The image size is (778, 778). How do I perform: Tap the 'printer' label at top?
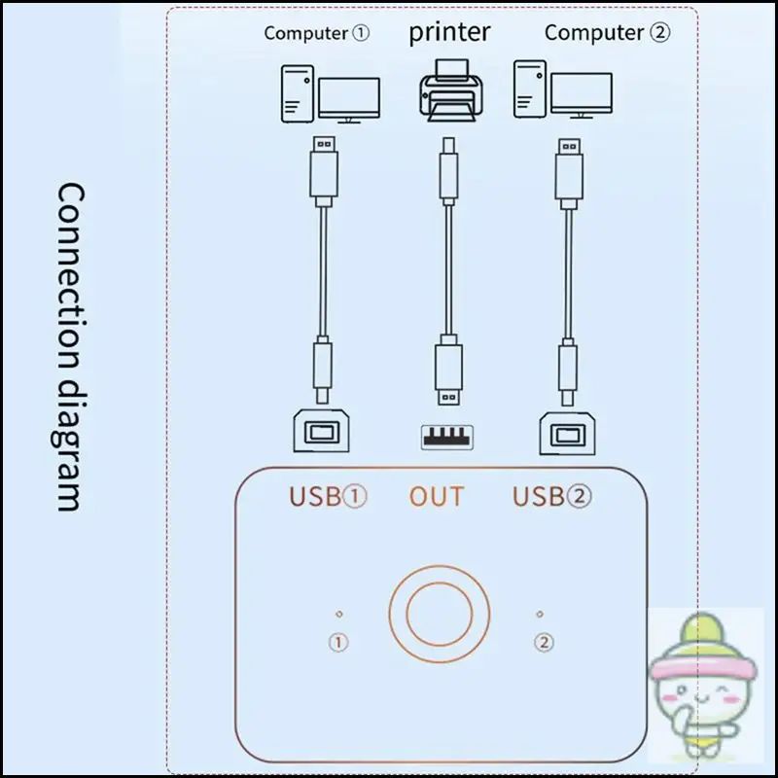[x=449, y=33]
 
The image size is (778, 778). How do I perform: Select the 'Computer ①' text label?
[x=317, y=33]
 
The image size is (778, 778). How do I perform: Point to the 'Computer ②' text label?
[x=607, y=33]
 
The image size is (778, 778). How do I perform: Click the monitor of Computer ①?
[x=349, y=100]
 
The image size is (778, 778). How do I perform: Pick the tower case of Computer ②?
[x=530, y=89]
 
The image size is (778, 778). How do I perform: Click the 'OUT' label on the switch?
[x=437, y=497]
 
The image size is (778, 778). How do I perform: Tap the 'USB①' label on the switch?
[x=328, y=496]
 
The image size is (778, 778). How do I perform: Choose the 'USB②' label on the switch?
[x=551, y=496]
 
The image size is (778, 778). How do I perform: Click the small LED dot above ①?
[x=339, y=614]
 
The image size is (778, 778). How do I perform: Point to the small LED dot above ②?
[x=540, y=614]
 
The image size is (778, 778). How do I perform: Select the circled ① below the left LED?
[x=338, y=643]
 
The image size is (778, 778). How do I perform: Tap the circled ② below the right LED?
[x=544, y=643]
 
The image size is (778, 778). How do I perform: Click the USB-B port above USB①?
[x=321, y=431]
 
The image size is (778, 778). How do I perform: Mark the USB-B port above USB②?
[x=568, y=433]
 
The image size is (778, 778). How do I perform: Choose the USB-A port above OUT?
[x=447, y=437]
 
